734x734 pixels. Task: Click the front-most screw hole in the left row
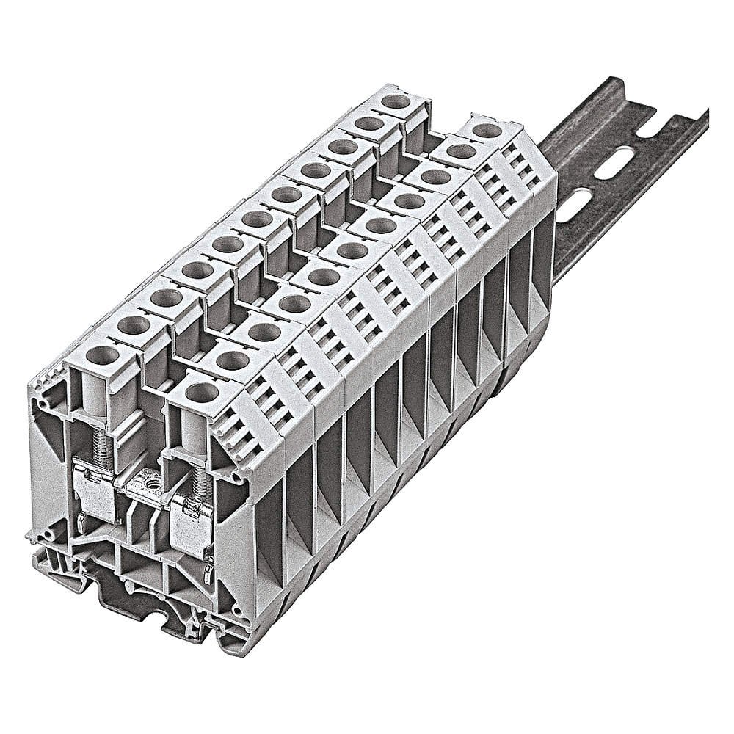point(102,355)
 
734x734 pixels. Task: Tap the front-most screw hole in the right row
point(201,391)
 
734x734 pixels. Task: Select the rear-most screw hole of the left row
point(396,101)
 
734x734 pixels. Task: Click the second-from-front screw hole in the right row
point(233,360)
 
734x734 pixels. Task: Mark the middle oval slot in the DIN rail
point(615,166)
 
